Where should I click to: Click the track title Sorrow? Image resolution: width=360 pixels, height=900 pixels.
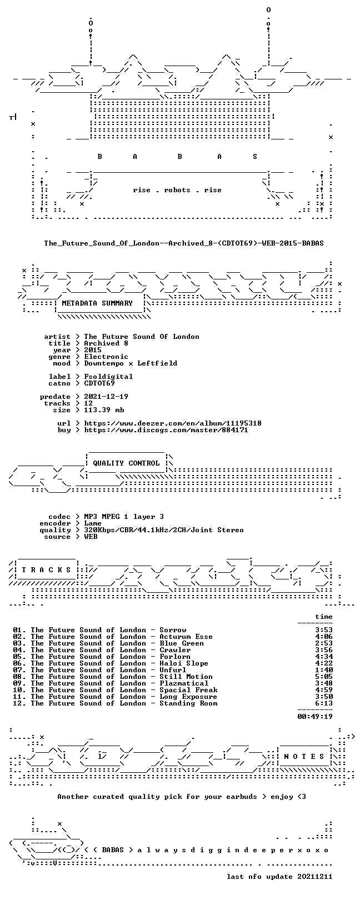point(173,630)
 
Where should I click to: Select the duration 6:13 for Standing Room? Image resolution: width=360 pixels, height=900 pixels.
point(324,703)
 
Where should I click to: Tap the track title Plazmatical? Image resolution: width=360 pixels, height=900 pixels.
point(184,683)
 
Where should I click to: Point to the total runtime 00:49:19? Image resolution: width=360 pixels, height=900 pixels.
point(315,716)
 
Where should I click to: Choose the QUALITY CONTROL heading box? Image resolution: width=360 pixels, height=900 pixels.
point(126,463)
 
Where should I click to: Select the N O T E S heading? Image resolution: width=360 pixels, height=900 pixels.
point(304,757)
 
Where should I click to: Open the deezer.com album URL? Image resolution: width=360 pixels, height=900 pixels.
point(173,423)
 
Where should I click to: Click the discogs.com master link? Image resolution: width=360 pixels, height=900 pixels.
point(166,430)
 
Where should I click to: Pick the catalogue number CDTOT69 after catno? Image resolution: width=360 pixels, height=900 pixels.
point(99,383)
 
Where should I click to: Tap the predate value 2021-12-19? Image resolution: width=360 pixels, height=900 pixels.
point(106,397)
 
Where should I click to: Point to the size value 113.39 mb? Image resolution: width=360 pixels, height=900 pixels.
point(104,410)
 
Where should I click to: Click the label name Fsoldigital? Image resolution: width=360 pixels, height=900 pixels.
point(108,377)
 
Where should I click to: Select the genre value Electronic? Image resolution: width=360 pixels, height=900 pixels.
point(106,357)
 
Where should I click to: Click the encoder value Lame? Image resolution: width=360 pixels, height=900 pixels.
point(93,523)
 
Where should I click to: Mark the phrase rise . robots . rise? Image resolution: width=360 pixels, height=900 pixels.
point(177,190)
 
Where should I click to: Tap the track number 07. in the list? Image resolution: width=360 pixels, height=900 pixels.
point(19,670)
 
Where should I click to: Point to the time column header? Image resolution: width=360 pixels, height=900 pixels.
point(324,617)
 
